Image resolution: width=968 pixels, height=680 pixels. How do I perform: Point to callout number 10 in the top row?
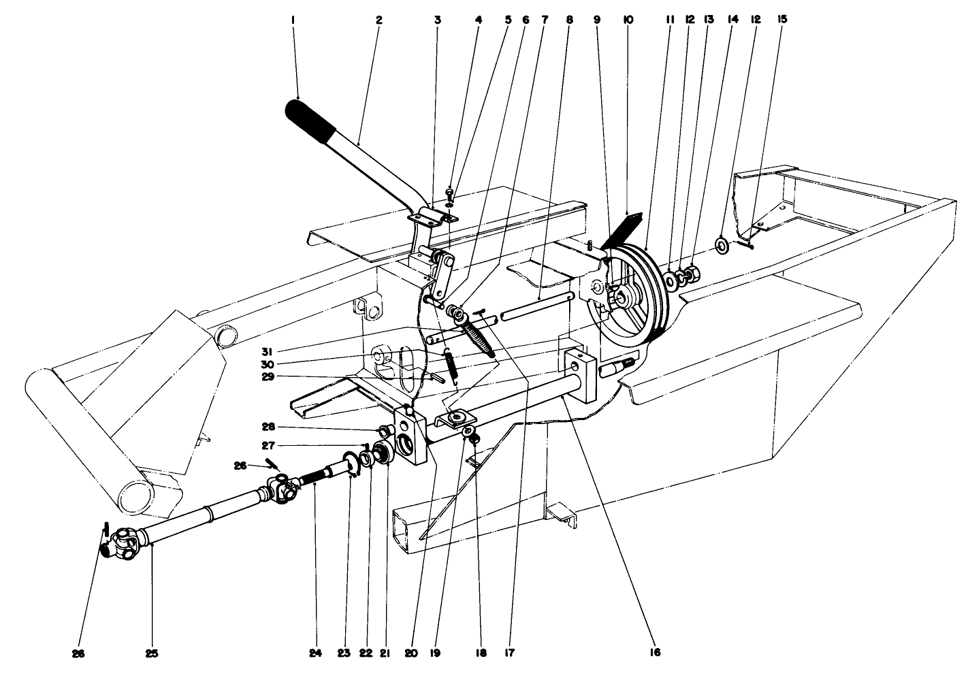[628, 20]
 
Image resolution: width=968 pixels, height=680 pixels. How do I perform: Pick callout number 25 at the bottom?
[151, 653]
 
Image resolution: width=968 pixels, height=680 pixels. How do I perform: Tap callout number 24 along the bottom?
[315, 653]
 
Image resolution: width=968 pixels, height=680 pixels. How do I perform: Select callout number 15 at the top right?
[781, 20]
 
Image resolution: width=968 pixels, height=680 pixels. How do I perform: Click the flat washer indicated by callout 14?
[721, 244]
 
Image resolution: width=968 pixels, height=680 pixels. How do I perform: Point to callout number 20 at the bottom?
[408, 653]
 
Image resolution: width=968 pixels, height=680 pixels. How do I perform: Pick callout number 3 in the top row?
[437, 20]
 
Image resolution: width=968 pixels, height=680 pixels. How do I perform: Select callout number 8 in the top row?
[569, 20]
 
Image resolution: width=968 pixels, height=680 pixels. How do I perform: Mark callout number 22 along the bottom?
[366, 653]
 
